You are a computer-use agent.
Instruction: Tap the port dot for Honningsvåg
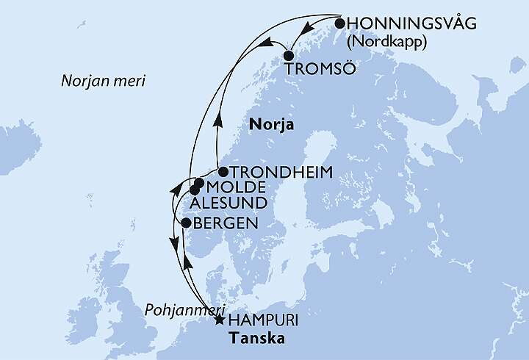(340, 23)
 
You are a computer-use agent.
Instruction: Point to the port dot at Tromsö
(289, 55)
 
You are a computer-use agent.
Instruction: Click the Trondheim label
(281, 172)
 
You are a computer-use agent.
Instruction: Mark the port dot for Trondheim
(223, 172)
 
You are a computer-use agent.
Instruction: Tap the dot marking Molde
(199, 183)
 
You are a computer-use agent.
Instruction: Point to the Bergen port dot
(186, 223)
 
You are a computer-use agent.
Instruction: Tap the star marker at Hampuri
(219, 320)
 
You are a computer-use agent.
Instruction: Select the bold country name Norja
(272, 125)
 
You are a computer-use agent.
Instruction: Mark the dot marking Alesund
(194, 190)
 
